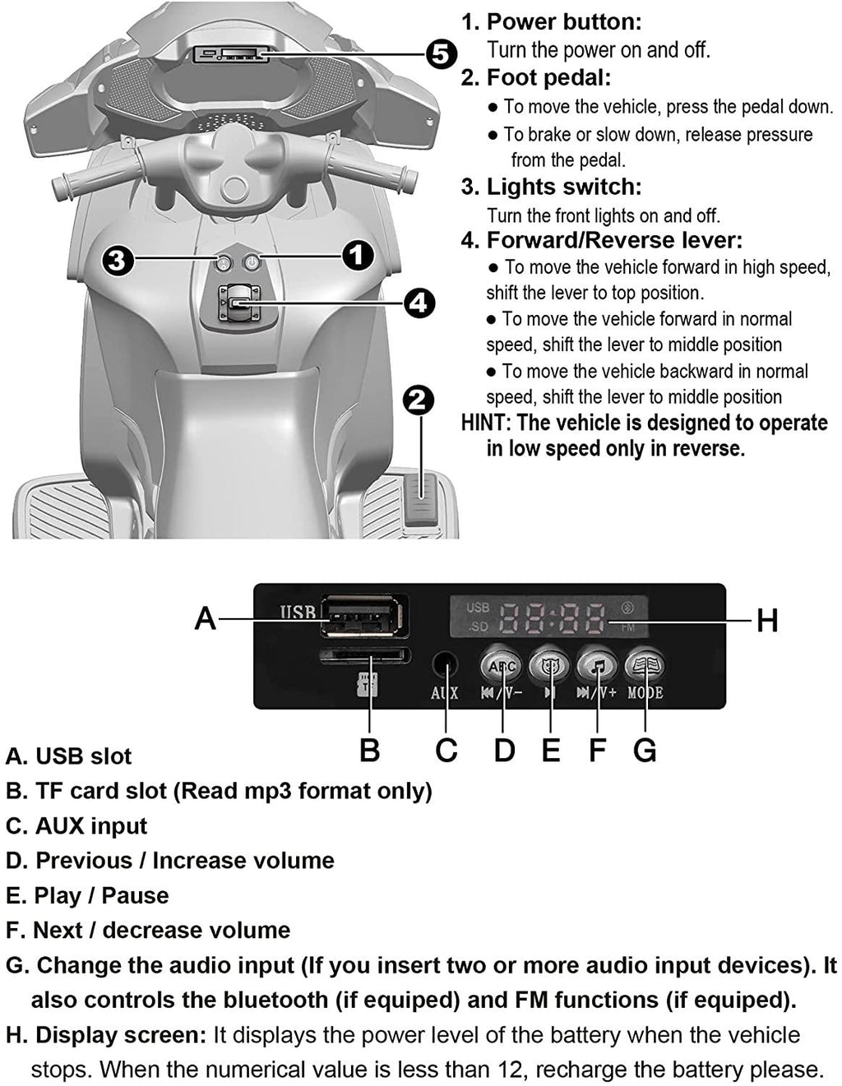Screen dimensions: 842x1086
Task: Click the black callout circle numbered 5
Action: coord(441,54)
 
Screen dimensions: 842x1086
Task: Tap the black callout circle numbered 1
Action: coord(358,256)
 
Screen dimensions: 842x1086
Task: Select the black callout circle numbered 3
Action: coord(118,261)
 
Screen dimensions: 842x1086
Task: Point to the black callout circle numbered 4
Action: coord(419,303)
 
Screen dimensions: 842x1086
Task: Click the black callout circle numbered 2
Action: coord(419,400)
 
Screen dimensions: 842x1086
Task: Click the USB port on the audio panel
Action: coord(363,616)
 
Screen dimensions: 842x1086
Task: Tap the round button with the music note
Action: coord(598,665)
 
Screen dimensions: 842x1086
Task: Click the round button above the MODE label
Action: coord(645,665)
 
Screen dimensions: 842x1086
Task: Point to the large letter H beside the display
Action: coord(767,621)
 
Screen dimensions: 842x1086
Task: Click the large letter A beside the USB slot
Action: coord(205,618)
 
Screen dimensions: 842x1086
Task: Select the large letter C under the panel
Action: coord(446,750)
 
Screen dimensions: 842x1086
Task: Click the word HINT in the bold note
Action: coord(482,423)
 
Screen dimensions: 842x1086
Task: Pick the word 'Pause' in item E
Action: coord(135,896)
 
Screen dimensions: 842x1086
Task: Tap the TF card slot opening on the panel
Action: coord(365,654)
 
